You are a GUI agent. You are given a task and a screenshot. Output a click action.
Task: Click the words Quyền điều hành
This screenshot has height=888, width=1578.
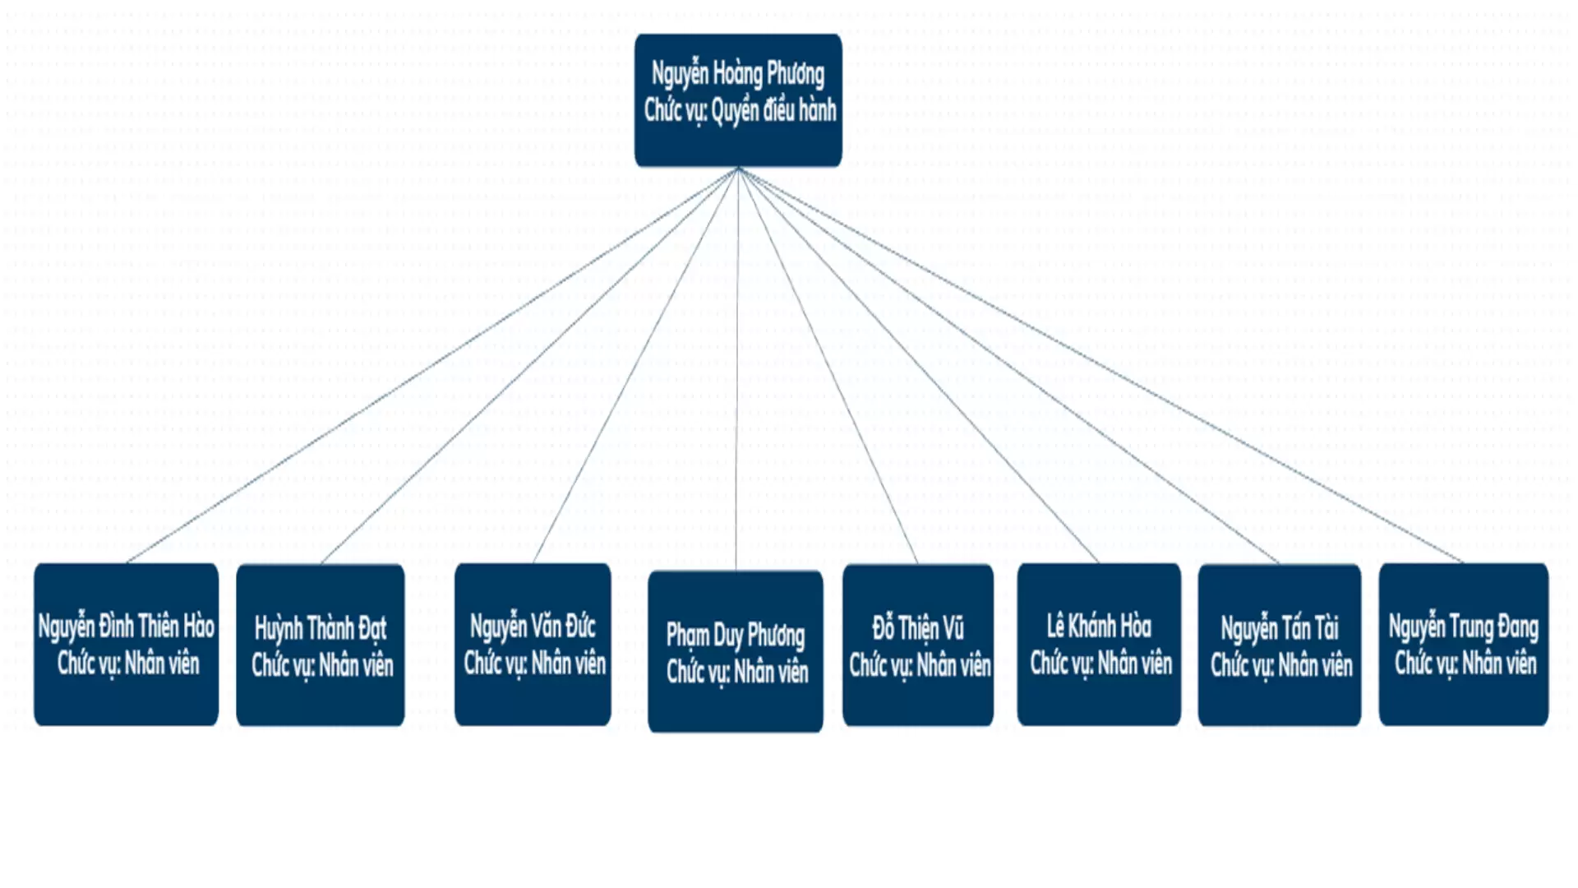tap(773, 110)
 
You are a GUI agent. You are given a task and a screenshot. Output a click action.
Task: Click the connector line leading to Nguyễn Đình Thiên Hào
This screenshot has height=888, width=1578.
tap(432, 366)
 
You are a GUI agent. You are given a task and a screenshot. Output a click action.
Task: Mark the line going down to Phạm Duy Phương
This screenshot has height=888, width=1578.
tap(737, 370)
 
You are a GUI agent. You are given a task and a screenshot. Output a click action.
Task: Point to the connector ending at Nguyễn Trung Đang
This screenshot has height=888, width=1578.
tap(1101, 366)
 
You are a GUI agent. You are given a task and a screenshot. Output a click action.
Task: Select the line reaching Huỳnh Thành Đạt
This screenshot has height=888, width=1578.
tap(530, 366)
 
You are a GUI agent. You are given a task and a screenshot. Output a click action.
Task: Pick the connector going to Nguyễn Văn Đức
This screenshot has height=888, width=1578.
tap(635, 366)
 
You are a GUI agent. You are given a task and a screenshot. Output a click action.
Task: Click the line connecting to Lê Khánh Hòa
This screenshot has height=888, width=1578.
tap(919, 366)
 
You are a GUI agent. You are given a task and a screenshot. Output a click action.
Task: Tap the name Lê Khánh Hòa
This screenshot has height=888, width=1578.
tap(1099, 627)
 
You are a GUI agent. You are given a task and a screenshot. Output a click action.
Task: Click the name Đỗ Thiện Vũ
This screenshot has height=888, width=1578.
tap(918, 629)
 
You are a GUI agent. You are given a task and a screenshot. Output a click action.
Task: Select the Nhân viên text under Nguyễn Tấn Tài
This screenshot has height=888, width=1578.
tap(1316, 665)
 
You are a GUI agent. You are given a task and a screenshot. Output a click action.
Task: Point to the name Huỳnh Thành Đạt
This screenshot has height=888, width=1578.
tap(321, 629)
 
